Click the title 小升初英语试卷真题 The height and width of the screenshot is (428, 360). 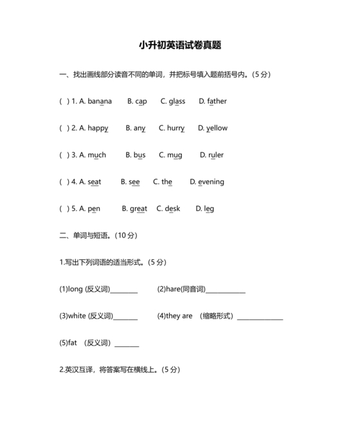tap(180, 45)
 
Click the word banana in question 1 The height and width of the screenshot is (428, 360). tap(100, 101)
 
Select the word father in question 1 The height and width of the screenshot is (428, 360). tap(217, 101)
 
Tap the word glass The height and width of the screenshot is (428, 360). tap(177, 101)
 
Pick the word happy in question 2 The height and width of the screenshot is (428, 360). tap(98, 128)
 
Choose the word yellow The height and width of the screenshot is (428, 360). tap(217, 128)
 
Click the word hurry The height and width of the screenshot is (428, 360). tap(176, 128)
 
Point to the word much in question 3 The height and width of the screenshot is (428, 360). tap(97, 155)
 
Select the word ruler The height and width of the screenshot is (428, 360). tap(215, 155)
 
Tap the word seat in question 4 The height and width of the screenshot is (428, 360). tap(94, 182)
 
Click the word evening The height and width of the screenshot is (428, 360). tap(211, 182)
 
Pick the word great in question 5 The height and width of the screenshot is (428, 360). tap(138, 209)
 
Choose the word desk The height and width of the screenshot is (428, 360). tap(172, 209)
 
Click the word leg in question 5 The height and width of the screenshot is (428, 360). tap(209, 209)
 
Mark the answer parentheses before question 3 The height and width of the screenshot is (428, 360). tap(64, 155)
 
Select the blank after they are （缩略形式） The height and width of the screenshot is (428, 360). tap(260, 318)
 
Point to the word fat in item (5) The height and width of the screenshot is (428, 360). tap(73, 343)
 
